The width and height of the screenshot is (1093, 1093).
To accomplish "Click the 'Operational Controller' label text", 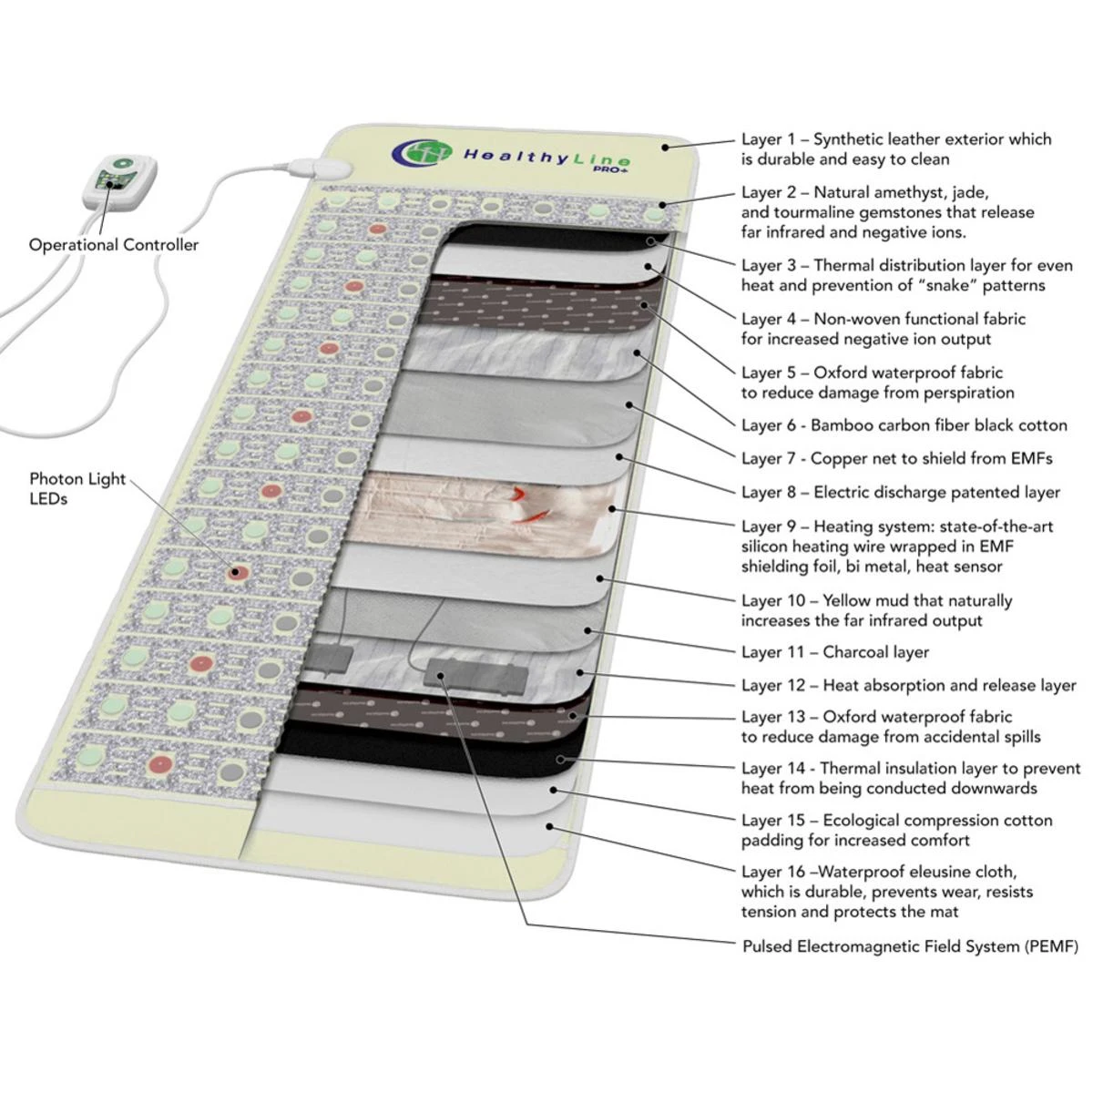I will coord(113,244).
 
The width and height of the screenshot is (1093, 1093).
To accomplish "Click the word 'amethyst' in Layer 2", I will coord(914,192).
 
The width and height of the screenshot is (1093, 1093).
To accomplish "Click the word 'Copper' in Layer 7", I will coord(839,458).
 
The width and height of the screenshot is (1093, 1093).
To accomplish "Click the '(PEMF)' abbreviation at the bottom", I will coord(1051,946).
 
